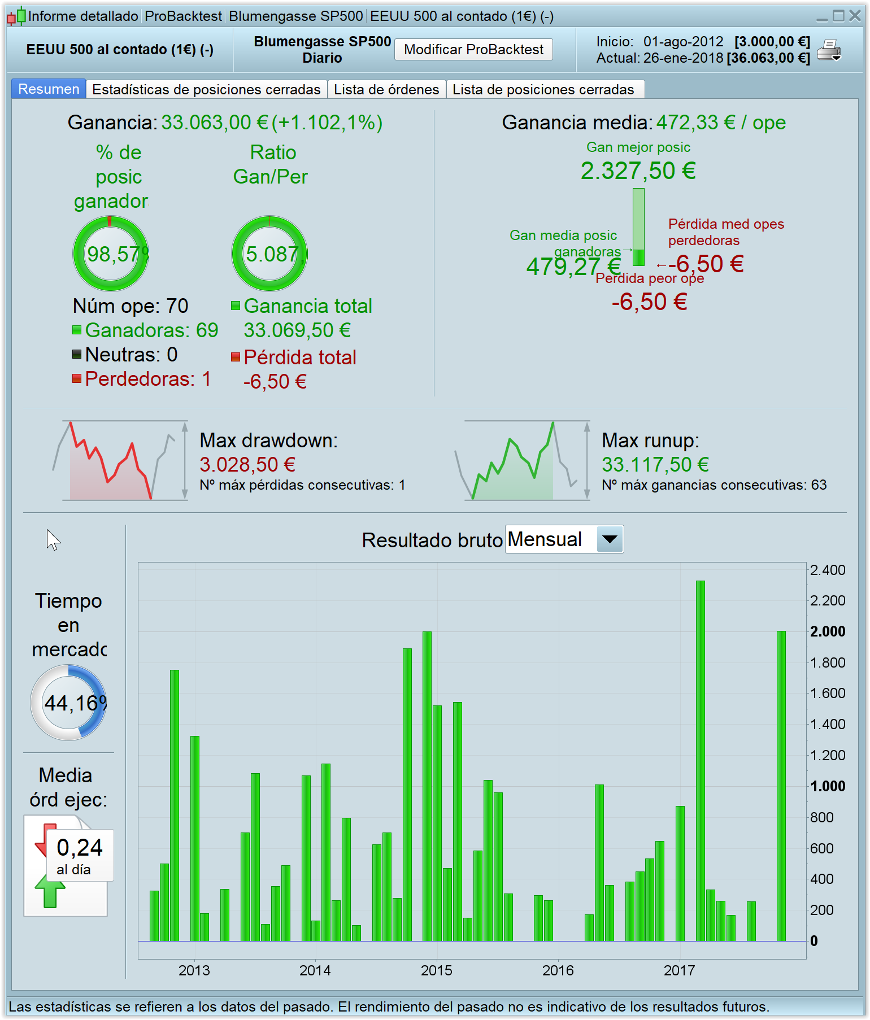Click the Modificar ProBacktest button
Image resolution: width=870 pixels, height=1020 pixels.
(473, 50)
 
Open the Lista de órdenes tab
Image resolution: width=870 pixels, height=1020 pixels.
(386, 90)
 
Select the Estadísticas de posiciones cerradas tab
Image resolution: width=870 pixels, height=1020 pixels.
(206, 90)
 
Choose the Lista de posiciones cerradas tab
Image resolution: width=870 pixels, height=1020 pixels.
(543, 90)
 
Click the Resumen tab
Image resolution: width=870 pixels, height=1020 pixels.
(49, 89)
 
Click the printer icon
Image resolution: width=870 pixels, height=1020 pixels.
(829, 50)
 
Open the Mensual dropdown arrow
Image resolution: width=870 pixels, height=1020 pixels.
(610, 539)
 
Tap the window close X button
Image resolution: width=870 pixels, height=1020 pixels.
(855, 16)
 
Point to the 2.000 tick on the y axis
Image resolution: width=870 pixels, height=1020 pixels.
(828, 631)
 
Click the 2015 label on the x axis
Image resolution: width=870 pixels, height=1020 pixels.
(436, 970)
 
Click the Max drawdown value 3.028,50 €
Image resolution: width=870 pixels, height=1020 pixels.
(247, 465)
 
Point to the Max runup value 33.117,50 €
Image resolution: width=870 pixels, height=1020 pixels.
(655, 465)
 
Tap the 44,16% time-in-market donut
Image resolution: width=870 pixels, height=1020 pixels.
(68, 703)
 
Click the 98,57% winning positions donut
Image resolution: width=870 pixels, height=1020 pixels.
(111, 254)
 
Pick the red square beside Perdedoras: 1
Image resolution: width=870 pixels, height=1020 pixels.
(77, 378)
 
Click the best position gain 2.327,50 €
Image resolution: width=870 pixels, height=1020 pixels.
(638, 171)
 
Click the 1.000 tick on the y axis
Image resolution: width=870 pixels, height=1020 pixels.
(828, 786)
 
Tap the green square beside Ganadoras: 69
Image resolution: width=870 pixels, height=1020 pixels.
(77, 330)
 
